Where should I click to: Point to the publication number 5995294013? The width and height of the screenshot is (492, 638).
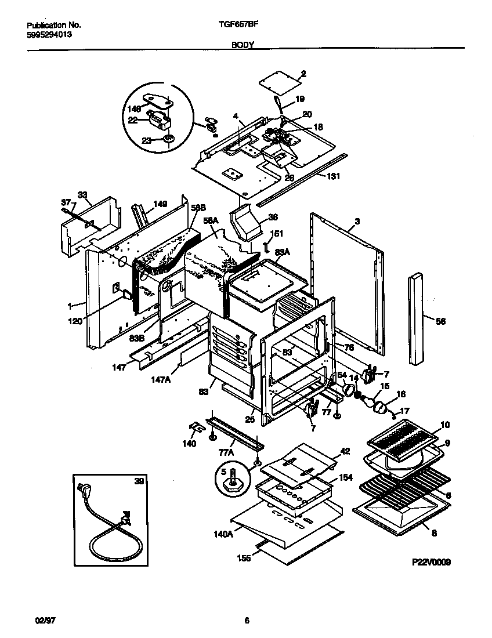coord(49,34)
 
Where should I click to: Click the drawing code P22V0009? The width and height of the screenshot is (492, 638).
coord(431,562)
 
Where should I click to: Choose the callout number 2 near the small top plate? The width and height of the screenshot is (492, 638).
coord(303,74)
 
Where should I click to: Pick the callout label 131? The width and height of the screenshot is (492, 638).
coord(333,176)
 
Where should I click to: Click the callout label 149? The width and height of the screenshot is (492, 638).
coord(160,204)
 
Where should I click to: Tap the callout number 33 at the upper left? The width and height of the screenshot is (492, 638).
coord(82,195)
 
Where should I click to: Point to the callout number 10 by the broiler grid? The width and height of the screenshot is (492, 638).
coord(444,425)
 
